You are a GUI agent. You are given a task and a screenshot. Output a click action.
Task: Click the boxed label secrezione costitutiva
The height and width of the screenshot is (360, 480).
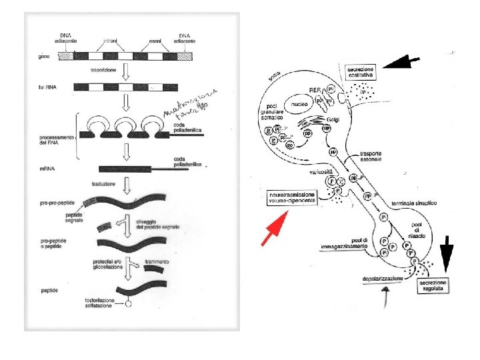(x=361, y=72)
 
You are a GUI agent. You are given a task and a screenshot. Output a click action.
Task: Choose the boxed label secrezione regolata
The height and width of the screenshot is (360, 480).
(x=433, y=286)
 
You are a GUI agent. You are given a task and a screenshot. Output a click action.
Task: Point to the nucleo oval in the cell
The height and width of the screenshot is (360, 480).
(x=298, y=103)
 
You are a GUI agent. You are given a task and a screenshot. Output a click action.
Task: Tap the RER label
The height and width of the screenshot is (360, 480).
(x=315, y=89)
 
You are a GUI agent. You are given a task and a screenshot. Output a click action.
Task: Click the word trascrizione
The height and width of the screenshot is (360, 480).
(x=105, y=70)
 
